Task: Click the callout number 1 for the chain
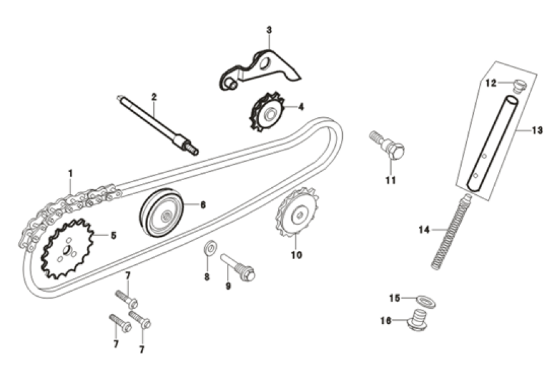71,173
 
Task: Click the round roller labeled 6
162,213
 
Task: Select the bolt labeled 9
238,267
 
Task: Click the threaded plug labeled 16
417,321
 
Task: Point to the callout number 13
537,131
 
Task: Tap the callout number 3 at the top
268,30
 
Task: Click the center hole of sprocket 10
296,215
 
